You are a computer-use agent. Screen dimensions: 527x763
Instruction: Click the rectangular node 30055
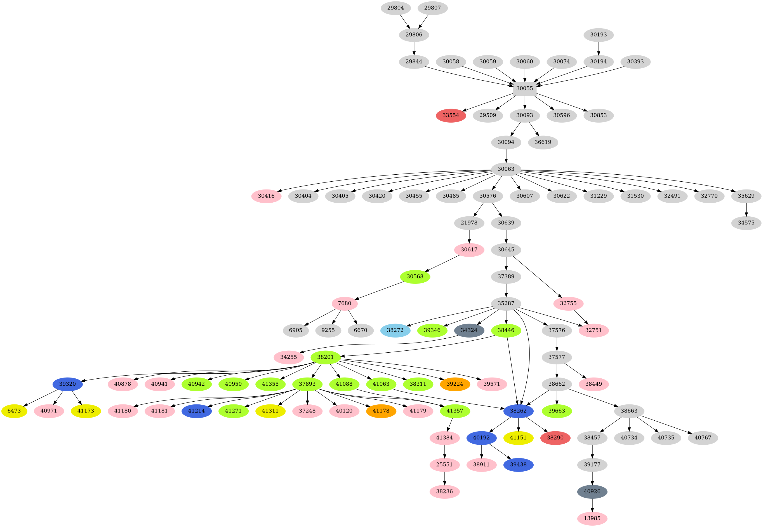click(524, 88)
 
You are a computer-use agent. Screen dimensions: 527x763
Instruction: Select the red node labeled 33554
click(451, 115)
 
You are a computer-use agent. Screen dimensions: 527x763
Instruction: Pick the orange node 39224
click(454, 384)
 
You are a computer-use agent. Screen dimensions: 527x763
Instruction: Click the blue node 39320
click(67, 384)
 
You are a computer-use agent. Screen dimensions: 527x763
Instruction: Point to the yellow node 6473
click(14, 411)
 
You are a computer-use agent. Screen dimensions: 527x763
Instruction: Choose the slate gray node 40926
click(592, 491)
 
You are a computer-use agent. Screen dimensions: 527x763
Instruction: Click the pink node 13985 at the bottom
click(592, 518)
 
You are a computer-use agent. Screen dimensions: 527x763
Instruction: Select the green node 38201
click(325, 357)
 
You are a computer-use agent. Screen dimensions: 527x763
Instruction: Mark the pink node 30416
click(266, 196)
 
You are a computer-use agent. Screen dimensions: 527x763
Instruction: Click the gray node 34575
click(746, 222)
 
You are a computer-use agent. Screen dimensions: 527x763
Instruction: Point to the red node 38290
click(555, 437)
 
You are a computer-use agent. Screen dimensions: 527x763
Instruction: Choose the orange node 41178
click(381, 411)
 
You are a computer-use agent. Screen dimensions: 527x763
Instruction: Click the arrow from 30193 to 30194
click(598, 48)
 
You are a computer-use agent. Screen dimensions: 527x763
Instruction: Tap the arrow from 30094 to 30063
click(506, 155)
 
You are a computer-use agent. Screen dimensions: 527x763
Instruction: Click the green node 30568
click(415, 277)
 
